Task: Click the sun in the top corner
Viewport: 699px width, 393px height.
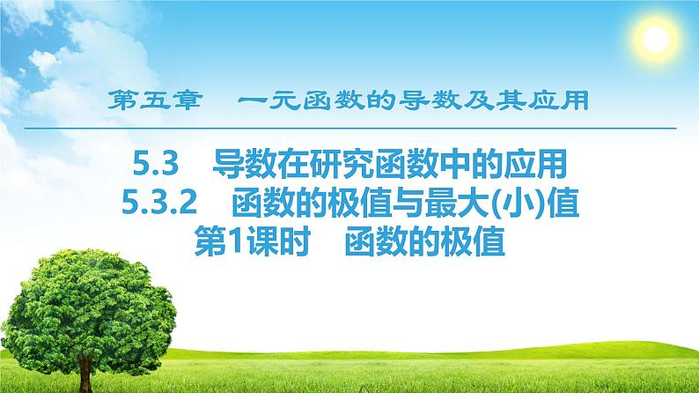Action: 656,39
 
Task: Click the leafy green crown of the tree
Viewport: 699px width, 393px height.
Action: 88,291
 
